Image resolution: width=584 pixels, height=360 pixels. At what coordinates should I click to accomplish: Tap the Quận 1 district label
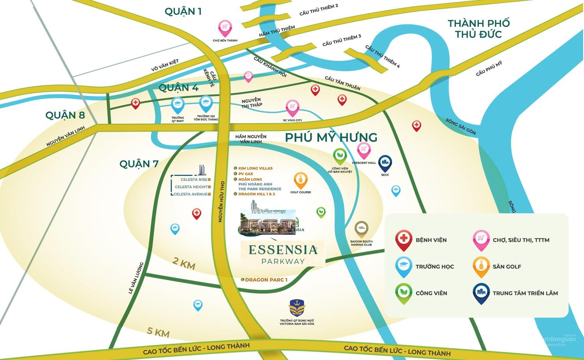click(183, 11)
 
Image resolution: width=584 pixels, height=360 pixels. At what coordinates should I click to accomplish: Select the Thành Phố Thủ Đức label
click(478, 29)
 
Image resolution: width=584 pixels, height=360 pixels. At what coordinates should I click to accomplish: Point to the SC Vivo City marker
click(292, 107)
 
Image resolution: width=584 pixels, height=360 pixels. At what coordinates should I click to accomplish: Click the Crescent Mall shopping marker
click(364, 150)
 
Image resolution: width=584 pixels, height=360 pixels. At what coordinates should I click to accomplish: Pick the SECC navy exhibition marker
click(385, 163)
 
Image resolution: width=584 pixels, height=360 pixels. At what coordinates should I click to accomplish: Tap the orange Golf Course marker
click(301, 180)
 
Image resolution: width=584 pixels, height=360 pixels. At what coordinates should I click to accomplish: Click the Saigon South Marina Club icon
click(361, 228)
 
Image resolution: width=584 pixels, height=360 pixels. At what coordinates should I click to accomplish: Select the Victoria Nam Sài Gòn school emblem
click(297, 308)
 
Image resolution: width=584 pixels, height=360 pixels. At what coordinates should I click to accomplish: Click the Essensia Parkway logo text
click(283, 253)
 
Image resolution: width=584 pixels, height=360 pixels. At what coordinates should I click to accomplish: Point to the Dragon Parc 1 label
click(266, 280)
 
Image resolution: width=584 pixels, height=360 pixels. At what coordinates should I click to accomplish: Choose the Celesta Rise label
click(194, 180)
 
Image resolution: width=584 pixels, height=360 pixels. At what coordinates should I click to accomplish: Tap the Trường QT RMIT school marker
click(178, 105)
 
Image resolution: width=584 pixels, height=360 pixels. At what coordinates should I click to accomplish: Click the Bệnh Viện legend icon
click(403, 239)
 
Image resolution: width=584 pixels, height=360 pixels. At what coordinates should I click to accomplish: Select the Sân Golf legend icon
click(481, 266)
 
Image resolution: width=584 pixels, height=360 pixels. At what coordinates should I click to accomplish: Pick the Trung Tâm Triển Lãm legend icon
click(481, 293)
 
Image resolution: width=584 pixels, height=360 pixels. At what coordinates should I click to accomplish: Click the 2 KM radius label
click(184, 263)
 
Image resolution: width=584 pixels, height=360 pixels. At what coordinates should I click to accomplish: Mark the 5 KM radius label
click(158, 332)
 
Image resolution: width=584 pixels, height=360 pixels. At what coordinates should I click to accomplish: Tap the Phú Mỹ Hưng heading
click(331, 137)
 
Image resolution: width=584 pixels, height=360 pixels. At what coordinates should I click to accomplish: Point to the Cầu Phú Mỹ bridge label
click(489, 69)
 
